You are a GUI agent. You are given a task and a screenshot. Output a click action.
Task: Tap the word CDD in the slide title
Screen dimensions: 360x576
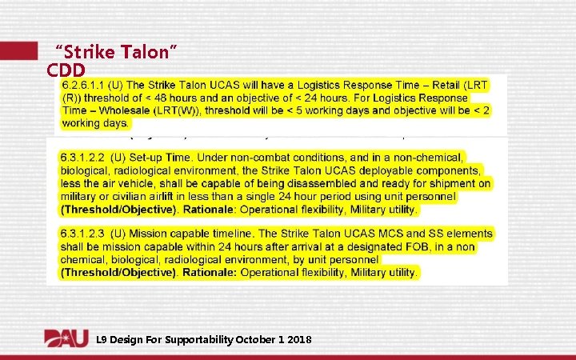66,70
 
